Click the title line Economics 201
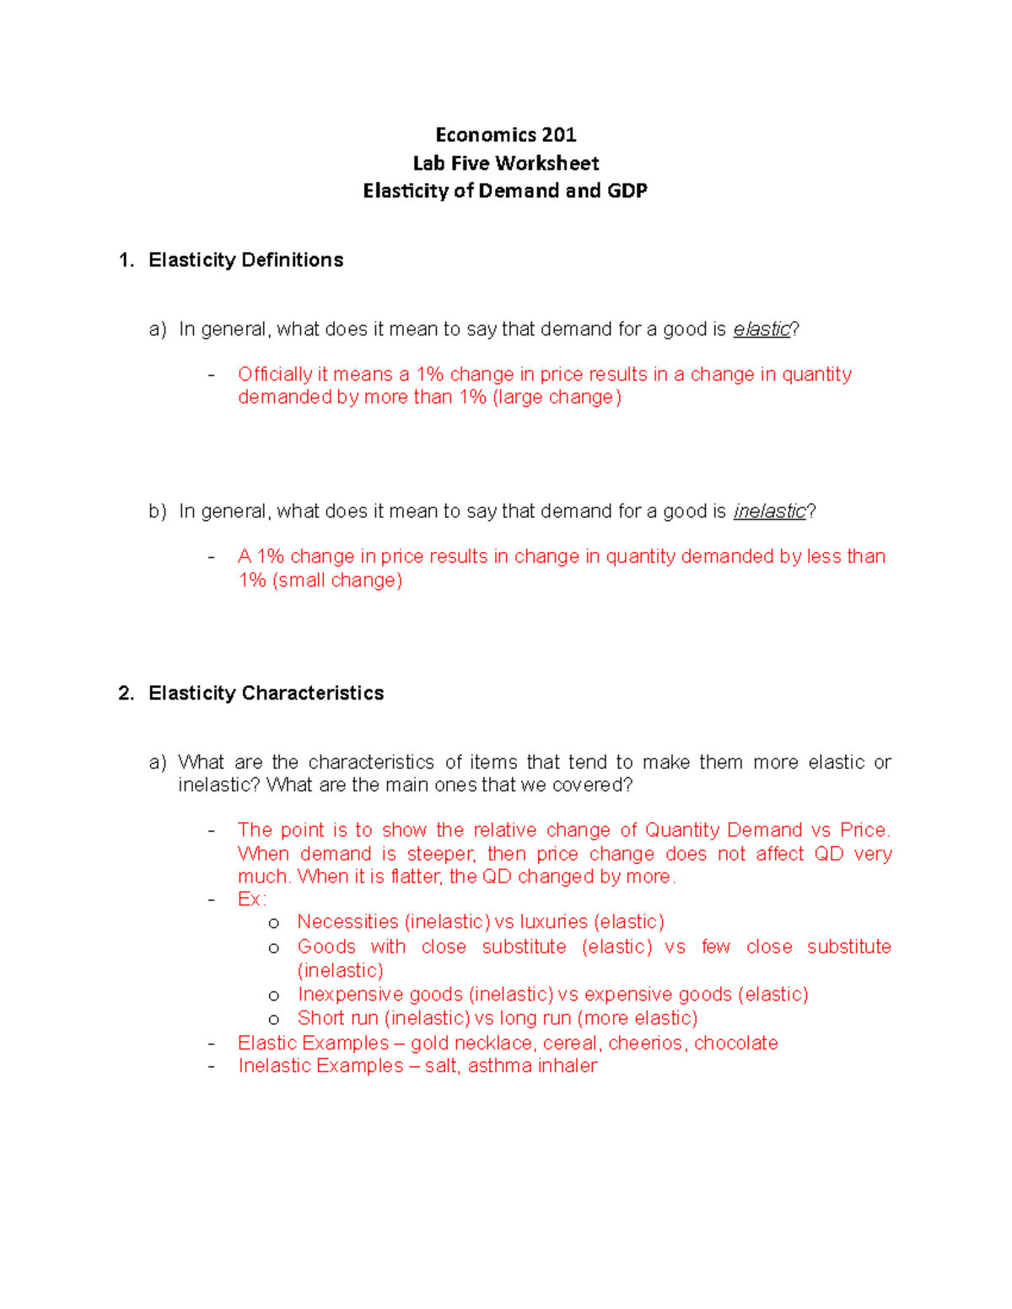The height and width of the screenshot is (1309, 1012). click(505, 135)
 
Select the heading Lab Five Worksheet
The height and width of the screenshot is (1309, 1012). click(505, 163)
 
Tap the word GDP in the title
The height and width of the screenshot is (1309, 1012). click(627, 190)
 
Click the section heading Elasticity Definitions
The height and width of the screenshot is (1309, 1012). click(245, 260)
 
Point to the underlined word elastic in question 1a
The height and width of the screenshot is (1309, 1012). click(762, 330)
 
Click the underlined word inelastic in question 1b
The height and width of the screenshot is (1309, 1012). click(769, 512)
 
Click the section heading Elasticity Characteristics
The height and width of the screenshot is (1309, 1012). click(266, 693)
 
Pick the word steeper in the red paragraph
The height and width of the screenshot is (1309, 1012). click(441, 854)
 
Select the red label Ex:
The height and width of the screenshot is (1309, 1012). click(251, 899)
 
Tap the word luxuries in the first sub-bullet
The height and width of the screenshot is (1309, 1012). click(553, 922)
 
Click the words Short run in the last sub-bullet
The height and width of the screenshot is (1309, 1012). click(337, 1018)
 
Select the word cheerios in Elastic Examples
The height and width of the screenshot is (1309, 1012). click(645, 1043)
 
